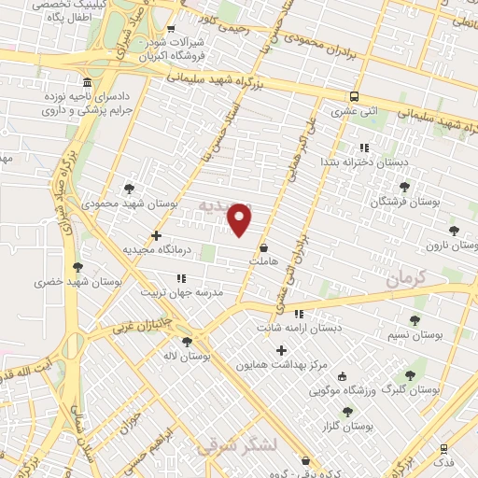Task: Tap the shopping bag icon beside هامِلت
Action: pyautogui.click(x=264, y=248)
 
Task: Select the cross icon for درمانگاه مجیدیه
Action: pyautogui.click(x=156, y=235)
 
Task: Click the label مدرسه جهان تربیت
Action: pyautogui.click(x=182, y=291)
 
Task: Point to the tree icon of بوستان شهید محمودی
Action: pyautogui.click(x=129, y=189)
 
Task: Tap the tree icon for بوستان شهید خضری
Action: pyautogui.click(x=77, y=267)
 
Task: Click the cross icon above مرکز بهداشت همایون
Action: pyautogui.click(x=281, y=349)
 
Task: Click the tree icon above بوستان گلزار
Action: pyautogui.click(x=347, y=412)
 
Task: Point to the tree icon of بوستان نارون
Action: pyautogui.click(x=454, y=230)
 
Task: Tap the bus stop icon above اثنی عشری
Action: pyautogui.click(x=354, y=97)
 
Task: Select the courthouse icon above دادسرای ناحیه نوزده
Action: pyautogui.click(x=87, y=82)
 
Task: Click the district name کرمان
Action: pyautogui.click(x=405, y=277)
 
